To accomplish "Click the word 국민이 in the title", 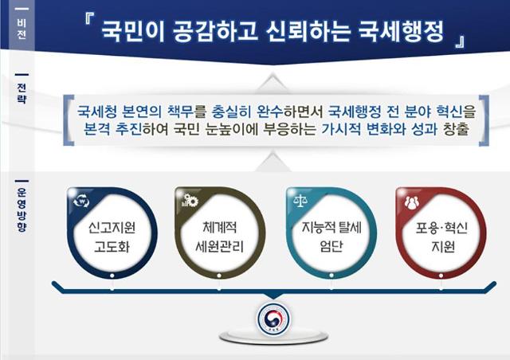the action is tap(133, 32).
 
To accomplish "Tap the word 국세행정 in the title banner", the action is tap(401, 32).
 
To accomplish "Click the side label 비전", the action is tap(22, 29).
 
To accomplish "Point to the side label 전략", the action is tap(22, 93).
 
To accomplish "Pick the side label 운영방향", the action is tap(22, 209).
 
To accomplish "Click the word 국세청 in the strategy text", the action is tap(96, 112).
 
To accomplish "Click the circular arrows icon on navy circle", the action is tap(81, 201).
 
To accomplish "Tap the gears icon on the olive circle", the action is tap(190, 201).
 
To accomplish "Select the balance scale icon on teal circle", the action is tap(300, 201).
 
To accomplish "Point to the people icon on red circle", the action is tap(412, 202).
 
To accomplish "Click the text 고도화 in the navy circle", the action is tap(112, 246).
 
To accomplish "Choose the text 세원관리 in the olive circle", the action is tap(220, 246).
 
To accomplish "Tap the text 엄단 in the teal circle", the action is tap(331, 246).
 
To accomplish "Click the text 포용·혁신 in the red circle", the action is tap(441, 228).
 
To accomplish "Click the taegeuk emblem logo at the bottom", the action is tap(273, 319).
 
